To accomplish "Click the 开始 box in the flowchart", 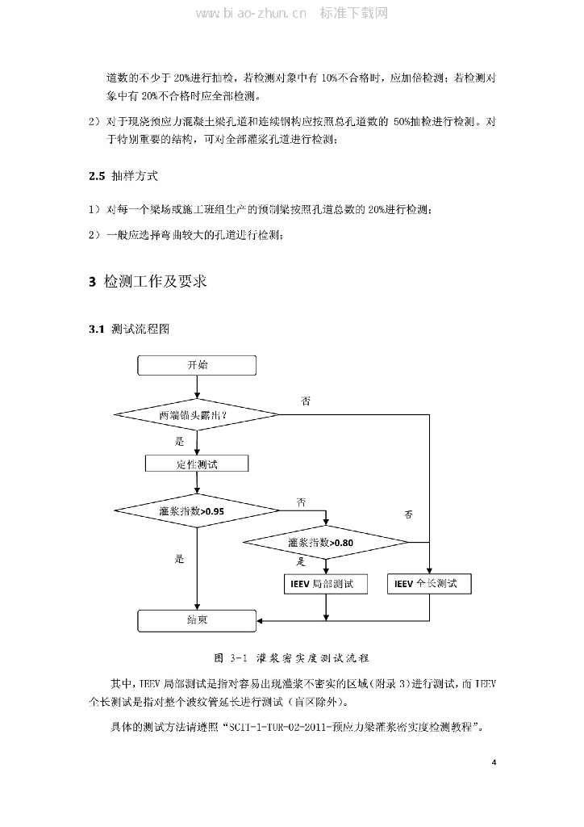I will (x=197, y=365).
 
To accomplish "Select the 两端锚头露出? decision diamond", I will (x=197, y=415).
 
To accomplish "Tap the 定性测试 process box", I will (x=197, y=464).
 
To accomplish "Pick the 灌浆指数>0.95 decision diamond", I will (x=197, y=510).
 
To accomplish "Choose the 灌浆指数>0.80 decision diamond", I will (x=326, y=542).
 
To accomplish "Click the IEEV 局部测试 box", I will (x=326, y=583).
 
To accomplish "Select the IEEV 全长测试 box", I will (x=430, y=583).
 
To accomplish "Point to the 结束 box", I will (x=197, y=620).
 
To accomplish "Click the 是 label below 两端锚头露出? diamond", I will (x=179, y=442).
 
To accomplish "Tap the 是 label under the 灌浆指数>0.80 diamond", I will (x=300, y=561).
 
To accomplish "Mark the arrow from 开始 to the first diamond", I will (x=197, y=387).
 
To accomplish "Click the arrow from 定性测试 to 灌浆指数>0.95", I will (x=197, y=483).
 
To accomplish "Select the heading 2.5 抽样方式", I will (x=123, y=175).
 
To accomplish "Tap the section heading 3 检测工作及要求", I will (x=147, y=281).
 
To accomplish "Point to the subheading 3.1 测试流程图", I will (x=129, y=330).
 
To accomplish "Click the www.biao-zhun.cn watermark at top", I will (x=251, y=14).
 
